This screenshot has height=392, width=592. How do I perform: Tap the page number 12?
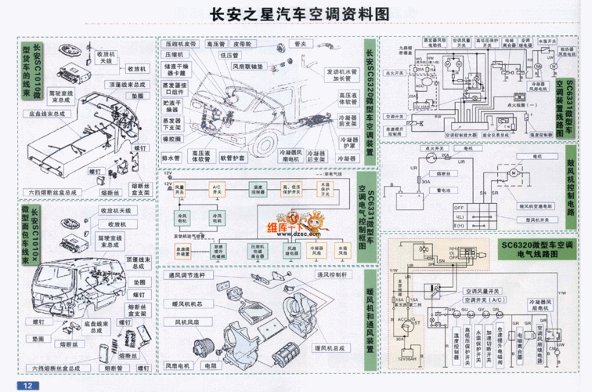pos(26,385)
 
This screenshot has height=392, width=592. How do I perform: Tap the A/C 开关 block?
pos(215,188)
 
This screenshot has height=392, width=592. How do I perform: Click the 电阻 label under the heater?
pos(210,365)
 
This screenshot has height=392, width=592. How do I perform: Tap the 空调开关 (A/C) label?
pos(486,300)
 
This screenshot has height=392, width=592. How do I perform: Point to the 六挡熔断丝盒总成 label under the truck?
pos(54,191)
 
